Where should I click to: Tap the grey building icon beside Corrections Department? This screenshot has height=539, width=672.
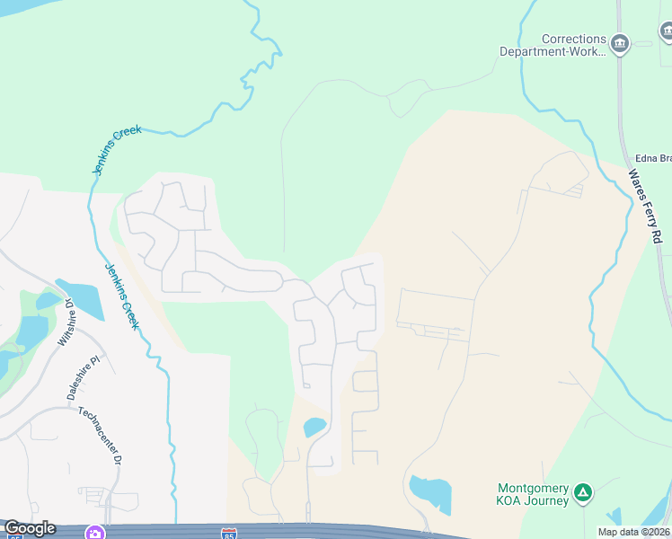(x=619, y=44)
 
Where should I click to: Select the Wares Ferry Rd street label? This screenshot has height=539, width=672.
(x=645, y=206)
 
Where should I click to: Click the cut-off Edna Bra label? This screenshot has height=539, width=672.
(x=653, y=158)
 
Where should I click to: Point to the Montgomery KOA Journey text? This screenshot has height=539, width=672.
(x=534, y=494)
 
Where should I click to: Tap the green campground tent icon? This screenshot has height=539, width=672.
(x=583, y=491)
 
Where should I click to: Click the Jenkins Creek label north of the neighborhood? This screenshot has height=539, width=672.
(x=117, y=150)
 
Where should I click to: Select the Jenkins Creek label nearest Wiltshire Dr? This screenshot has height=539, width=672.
(x=121, y=296)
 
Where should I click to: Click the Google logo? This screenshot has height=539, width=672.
(x=29, y=528)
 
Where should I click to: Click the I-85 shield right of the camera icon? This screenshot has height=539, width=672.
(x=230, y=534)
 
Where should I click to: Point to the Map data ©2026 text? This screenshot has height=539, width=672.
(x=633, y=532)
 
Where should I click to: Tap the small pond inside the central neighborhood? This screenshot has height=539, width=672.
(x=314, y=427)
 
